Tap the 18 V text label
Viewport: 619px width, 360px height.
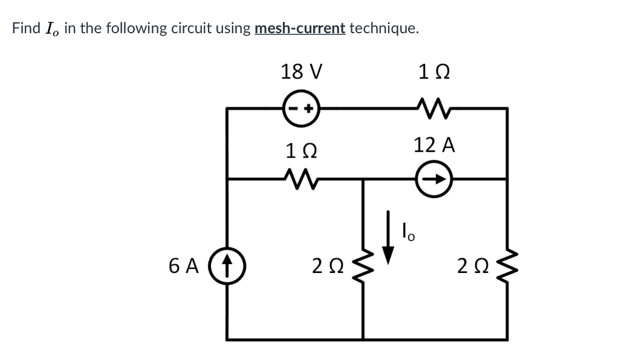tap(301, 71)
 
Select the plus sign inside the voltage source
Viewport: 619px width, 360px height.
tap(308, 109)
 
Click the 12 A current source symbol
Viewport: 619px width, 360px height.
tap(435, 179)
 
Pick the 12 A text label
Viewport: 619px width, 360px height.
tap(434, 146)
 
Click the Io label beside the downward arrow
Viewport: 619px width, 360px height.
tap(408, 231)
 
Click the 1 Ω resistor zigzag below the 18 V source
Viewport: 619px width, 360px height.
tap(301, 178)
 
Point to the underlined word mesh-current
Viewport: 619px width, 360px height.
tap(300, 28)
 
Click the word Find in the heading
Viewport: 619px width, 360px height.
tap(26, 28)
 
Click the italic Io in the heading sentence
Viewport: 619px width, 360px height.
tap(53, 29)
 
